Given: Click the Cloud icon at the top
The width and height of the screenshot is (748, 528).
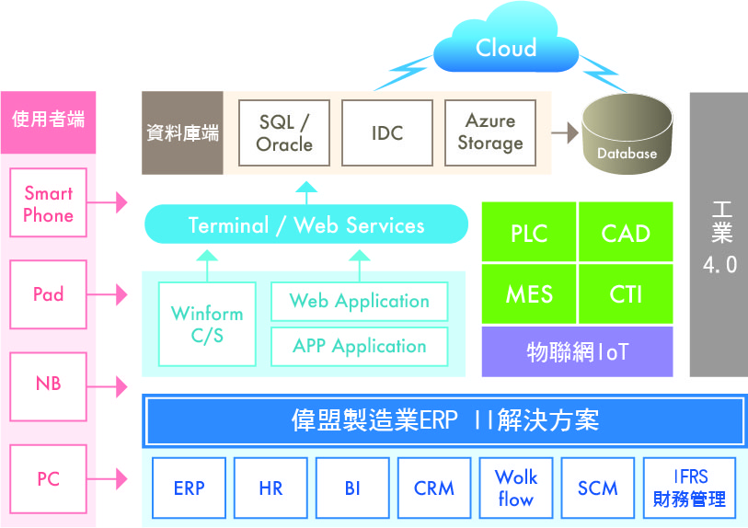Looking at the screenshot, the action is pyautogui.click(x=506, y=40).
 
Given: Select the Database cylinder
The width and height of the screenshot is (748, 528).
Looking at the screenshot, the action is pyautogui.click(x=627, y=133).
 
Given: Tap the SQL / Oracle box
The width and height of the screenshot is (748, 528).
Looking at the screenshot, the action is pyautogui.click(x=284, y=133).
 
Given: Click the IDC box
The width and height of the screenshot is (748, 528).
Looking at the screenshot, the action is pyautogui.click(x=387, y=133).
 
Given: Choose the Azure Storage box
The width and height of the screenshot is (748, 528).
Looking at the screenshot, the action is pyautogui.click(x=490, y=133).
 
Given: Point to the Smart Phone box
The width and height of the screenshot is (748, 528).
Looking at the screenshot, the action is pyautogui.click(x=48, y=202).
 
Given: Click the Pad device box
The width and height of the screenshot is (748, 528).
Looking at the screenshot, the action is pyautogui.click(x=48, y=294).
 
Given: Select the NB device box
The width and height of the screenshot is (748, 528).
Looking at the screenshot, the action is pyautogui.click(x=48, y=387).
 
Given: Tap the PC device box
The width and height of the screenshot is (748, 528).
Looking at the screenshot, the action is pyautogui.click(x=48, y=479).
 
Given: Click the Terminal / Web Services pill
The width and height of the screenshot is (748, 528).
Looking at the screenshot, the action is pyautogui.click(x=306, y=224).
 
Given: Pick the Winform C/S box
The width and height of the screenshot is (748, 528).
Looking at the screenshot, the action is pyautogui.click(x=207, y=325).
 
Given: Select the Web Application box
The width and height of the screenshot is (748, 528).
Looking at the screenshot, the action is pyautogui.click(x=359, y=302).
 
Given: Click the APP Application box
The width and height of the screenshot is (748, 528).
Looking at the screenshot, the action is pyautogui.click(x=359, y=347).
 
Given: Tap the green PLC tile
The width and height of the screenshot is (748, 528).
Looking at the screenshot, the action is pyautogui.click(x=529, y=232).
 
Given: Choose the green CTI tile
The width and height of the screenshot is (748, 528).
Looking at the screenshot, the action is pyautogui.click(x=626, y=294).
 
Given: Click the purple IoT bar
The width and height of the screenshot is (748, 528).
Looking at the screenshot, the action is pyautogui.click(x=577, y=352).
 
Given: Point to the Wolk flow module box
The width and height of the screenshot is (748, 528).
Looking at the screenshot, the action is pyautogui.click(x=515, y=488).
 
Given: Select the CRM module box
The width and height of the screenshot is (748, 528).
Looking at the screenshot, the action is pyautogui.click(x=434, y=488).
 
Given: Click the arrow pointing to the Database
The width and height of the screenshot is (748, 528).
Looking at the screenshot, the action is pyautogui.click(x=565, y=132).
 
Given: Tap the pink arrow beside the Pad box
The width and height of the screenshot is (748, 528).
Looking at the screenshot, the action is pyautogui.click(x=108, y=294).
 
